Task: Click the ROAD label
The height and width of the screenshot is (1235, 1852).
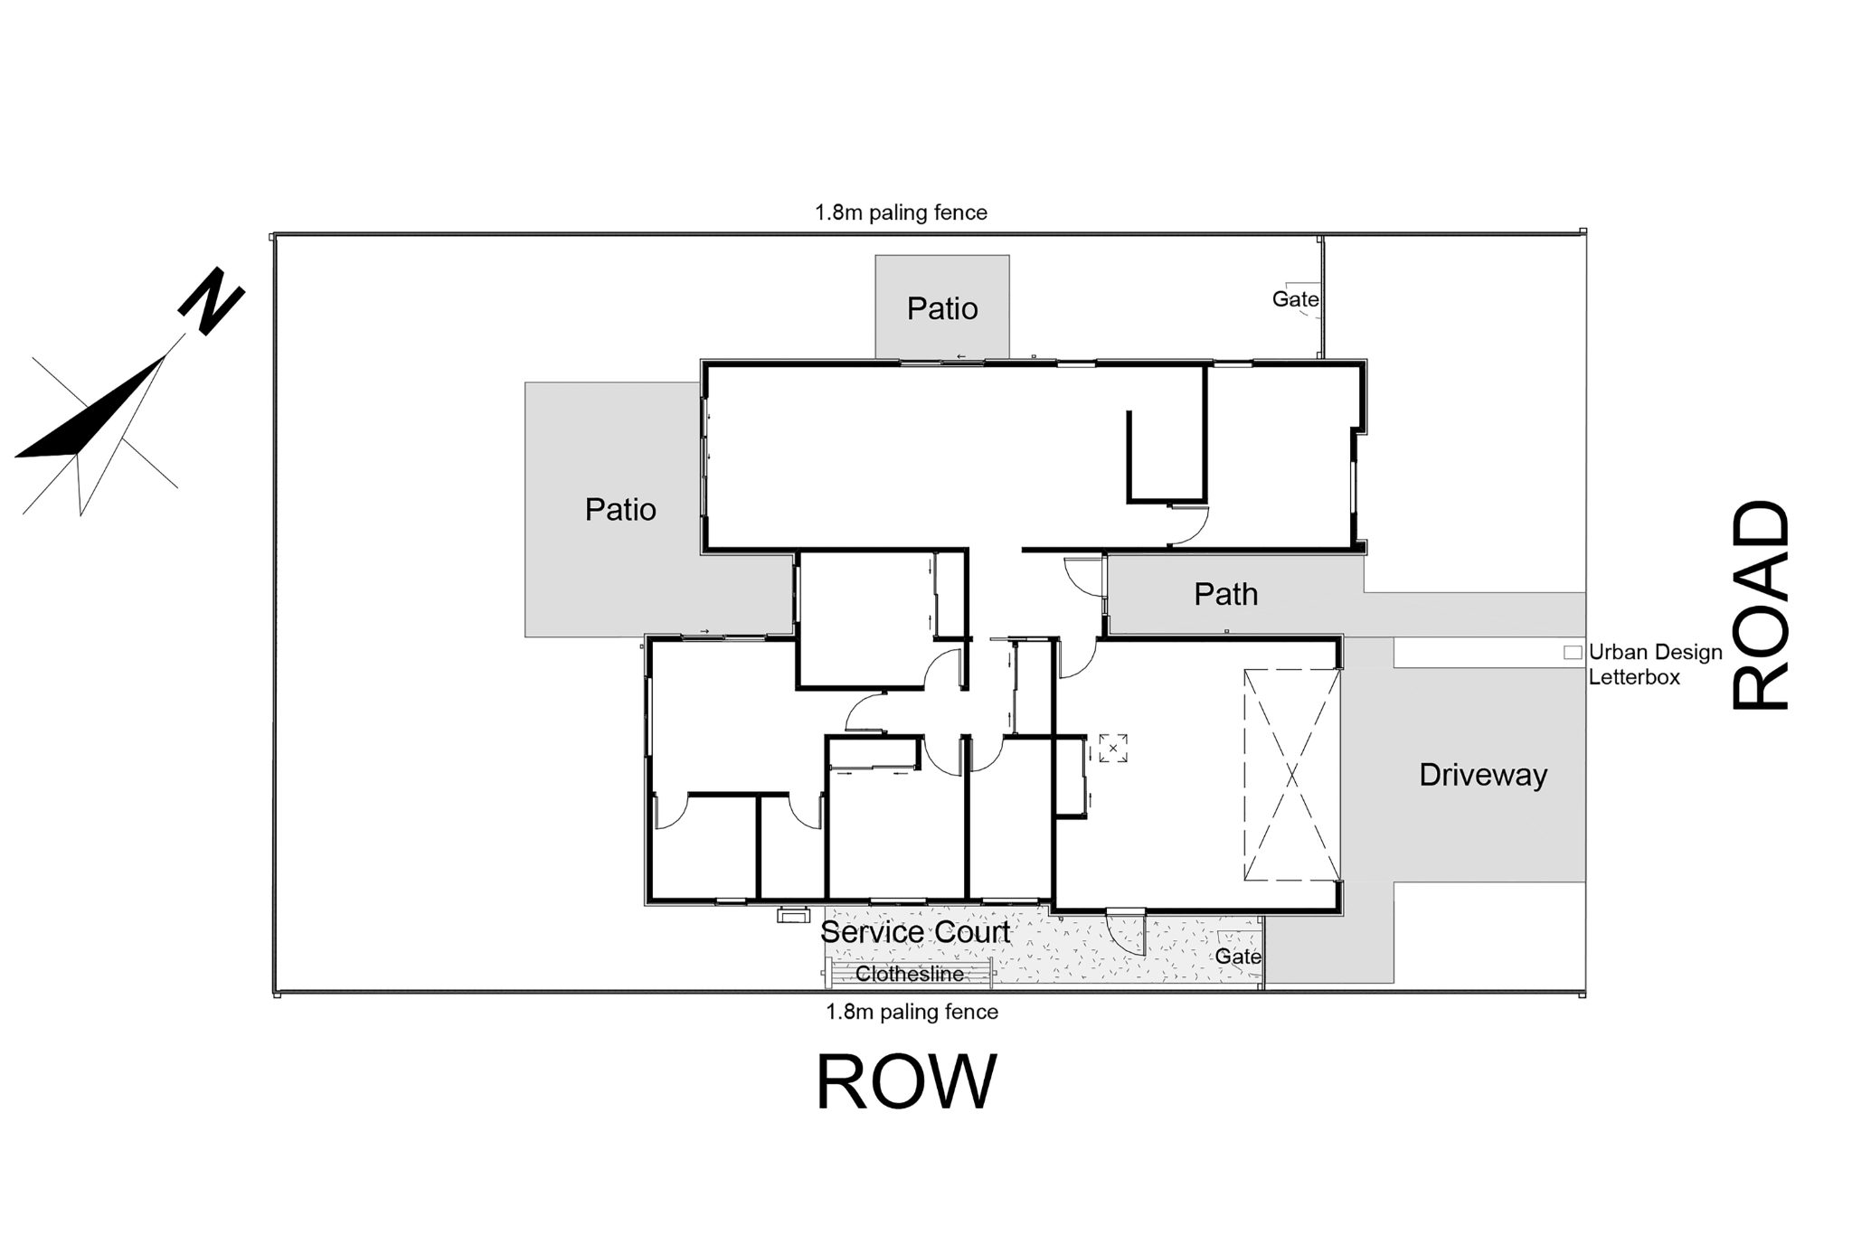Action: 1760,605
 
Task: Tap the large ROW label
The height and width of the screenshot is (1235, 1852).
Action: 906,1082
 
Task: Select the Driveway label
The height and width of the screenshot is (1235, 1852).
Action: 1483,775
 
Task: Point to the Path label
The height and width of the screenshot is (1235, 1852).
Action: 1225,594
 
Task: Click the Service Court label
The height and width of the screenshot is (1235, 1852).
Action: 915,932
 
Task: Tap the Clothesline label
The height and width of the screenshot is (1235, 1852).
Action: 910,975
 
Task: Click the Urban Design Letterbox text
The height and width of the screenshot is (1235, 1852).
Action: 1655,664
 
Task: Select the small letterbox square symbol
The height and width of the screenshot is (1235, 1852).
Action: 1573,652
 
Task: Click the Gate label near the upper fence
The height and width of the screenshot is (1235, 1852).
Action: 1295,298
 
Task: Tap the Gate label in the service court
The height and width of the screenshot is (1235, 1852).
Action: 1238,956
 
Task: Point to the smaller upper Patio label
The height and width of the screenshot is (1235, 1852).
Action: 942,308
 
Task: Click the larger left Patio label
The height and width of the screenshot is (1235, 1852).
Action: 620,509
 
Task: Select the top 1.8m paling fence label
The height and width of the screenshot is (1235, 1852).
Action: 901,212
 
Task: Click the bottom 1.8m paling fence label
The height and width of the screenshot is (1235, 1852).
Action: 912,1012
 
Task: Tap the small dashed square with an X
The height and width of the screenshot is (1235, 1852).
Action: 1113,748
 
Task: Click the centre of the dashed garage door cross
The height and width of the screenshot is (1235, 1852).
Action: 1291,775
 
